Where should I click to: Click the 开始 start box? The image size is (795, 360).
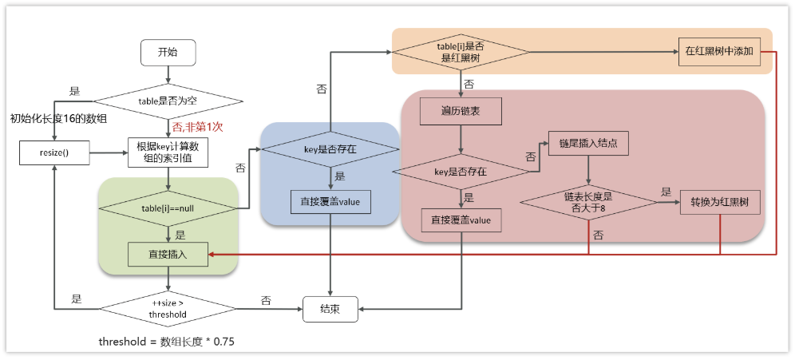click(168, 53)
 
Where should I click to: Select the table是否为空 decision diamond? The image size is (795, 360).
click(168, 101)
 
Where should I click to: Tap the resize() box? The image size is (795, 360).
click(54, 152)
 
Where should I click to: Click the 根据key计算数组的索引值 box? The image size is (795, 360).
click(168, 152)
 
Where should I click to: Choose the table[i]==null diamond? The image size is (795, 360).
click(168, 208)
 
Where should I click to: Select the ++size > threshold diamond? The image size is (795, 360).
click(168, 308)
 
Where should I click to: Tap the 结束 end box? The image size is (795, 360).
click(330, 309)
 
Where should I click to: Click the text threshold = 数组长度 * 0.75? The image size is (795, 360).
click(166, 342)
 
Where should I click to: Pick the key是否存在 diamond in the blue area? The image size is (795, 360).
click(330, 148)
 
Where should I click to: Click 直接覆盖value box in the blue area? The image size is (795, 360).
click(330, 202)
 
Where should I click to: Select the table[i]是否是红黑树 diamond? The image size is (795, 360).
click(461, 52)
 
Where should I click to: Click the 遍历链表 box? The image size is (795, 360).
click(461, 112)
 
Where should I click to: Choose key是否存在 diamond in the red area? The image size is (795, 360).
click(461, 171)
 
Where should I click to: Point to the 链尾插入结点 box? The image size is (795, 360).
click(589, 143)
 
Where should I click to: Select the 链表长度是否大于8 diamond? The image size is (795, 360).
click(589, 202)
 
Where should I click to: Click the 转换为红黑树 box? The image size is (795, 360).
click(720, 202)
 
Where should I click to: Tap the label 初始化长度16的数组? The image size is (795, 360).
click(57, 119)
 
